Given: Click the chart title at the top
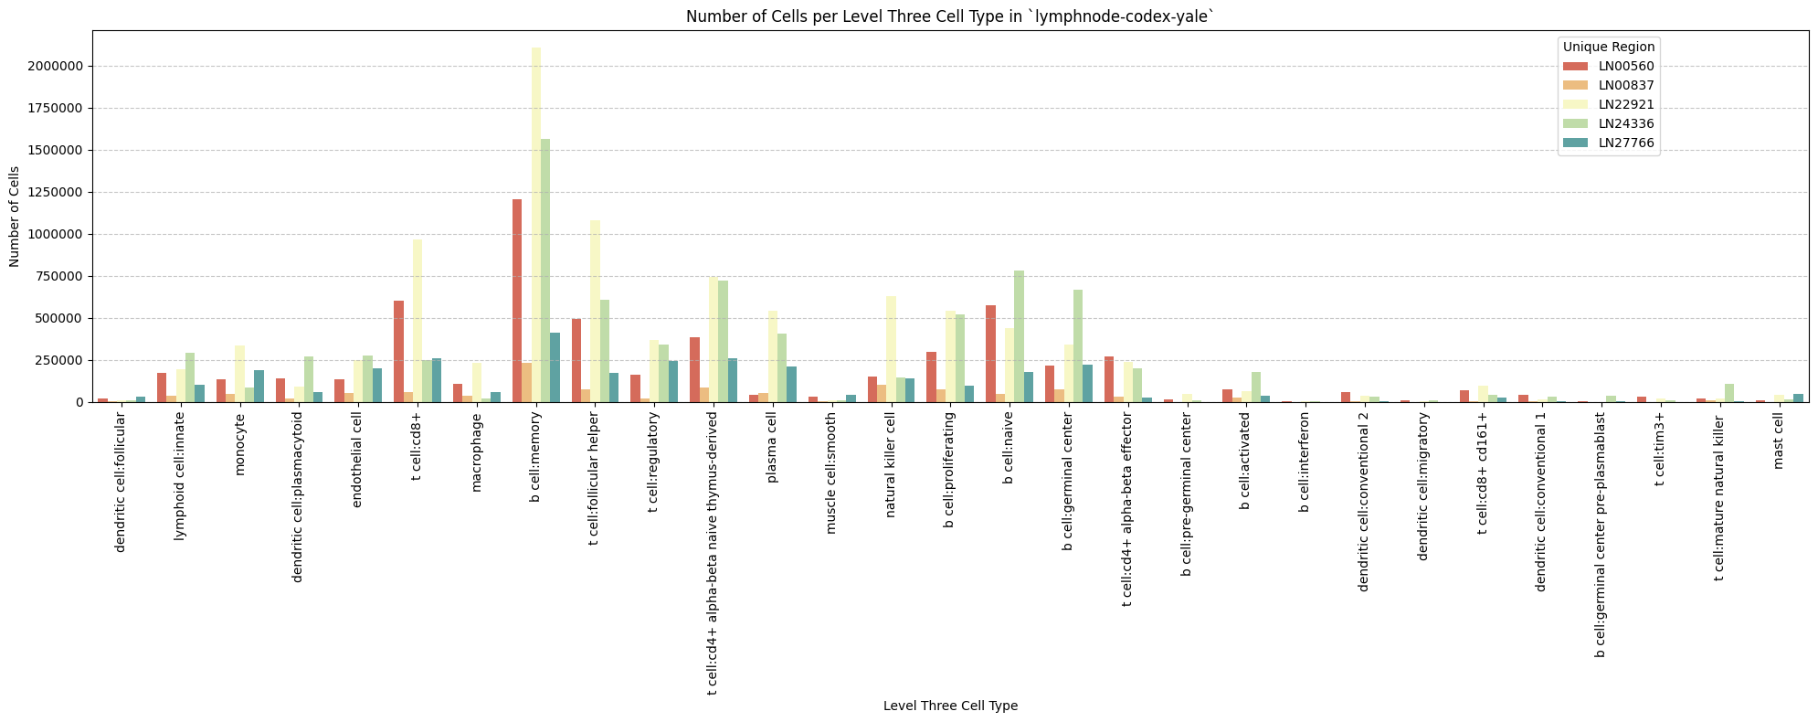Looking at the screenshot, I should [950, 16].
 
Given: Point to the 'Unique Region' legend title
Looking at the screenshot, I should [1608, 47].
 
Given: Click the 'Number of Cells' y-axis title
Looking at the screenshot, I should [15, 217].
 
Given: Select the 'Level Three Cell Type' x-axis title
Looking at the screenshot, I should [950, 706].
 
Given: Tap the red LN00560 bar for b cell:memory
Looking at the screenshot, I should [517, 301].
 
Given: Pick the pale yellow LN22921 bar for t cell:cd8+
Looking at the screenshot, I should [418, 321].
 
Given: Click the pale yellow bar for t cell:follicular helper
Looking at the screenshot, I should [596, 311].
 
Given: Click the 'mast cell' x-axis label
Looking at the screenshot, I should [1778, 445].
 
